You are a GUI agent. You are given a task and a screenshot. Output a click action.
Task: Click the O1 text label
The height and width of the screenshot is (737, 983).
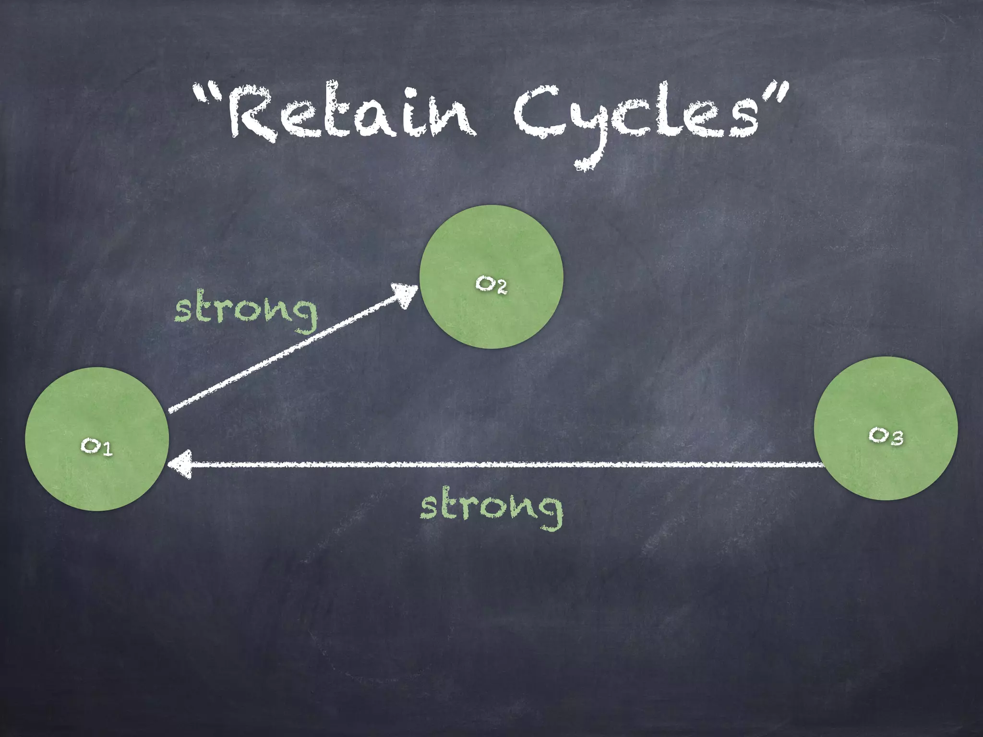point(96,447)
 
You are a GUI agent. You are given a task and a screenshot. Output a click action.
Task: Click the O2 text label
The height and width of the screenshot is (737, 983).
point(491,285)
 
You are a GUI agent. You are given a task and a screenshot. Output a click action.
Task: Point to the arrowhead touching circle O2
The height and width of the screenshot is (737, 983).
point(406,294)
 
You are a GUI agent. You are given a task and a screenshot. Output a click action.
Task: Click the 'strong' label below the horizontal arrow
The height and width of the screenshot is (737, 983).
point(491,509)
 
